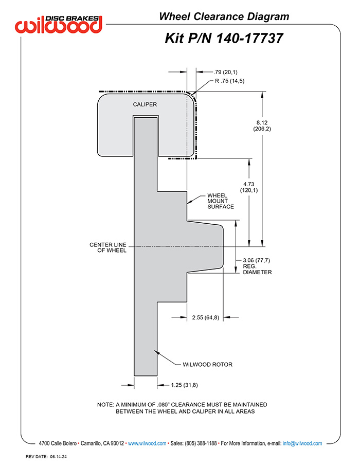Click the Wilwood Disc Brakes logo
(59, 24)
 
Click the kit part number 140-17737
(249, 39)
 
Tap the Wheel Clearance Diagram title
(224, 16)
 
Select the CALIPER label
(145, 104)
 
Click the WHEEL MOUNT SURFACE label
(221, 201)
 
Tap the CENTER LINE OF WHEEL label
(108, 247)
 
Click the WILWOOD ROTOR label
(207, 364)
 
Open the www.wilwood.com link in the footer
(147, 443)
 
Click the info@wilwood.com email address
(302, 443)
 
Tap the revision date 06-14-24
(58, 457)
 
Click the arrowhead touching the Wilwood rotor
(156, 352)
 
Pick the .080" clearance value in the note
(163, 404)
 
